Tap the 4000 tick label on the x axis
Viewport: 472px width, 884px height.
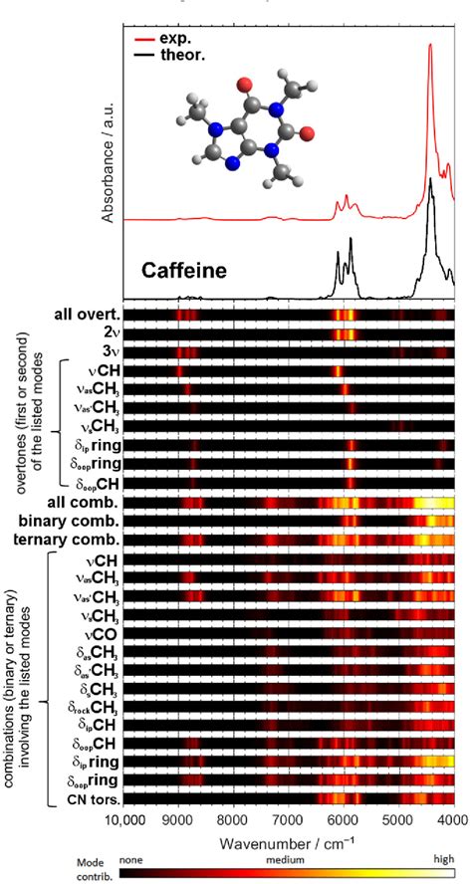click(452, 821)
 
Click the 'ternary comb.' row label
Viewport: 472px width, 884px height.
click(74, 541)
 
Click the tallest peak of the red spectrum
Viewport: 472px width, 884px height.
click(430, 45)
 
